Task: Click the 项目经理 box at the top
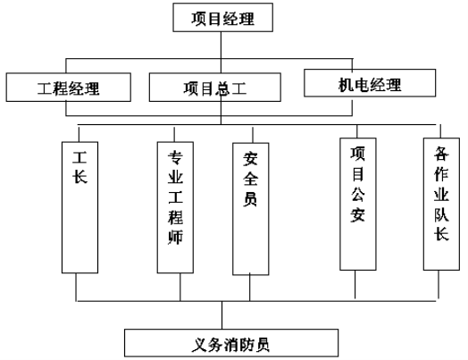coord(222,17)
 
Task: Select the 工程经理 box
coord(69,88)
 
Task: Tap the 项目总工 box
coord(215,88)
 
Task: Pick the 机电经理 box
coord(370,83)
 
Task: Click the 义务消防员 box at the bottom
coord(231,343)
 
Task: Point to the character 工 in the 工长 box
coord(79,157)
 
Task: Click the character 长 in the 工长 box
coord(79,176)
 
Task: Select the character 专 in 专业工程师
coord(175,157)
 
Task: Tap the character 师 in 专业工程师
coord(175,238)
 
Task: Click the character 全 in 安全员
coord(250,179)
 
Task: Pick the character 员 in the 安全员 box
coord(250,199)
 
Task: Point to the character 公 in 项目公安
coord(357,194)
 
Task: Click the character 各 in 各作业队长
coord(441,154)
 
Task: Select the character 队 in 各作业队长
coord(441,214)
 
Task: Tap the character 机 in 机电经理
coord(347,85)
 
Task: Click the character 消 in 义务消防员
coord(231,345)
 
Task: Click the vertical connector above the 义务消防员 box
coord(221,315)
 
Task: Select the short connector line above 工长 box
coord(79,134)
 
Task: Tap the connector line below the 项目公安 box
coord(355,284)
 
